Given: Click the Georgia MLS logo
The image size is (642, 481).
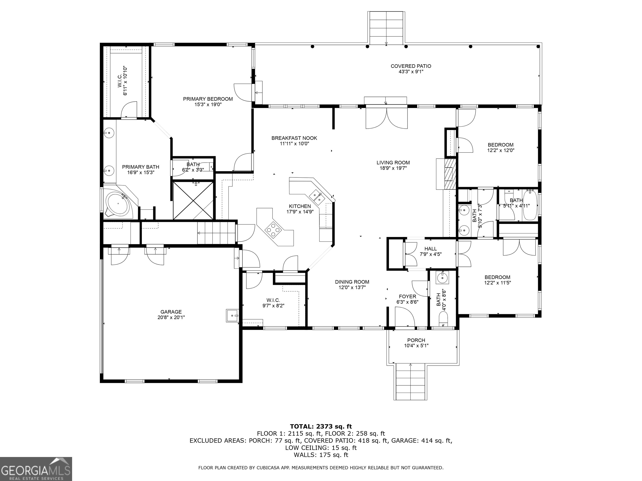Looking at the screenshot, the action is [x=36, y=469].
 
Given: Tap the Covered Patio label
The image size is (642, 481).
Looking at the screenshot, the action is [x=411, y=66].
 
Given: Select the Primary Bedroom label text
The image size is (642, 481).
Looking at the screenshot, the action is [x=208, y=99].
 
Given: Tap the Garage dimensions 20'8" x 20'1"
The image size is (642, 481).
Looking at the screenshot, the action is [x=171, y=317].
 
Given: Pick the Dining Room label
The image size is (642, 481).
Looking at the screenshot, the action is [x=352, y=282].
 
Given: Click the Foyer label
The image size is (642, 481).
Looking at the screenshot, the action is [x=408, y=296].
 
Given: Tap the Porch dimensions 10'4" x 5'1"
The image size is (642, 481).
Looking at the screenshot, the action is [x=416, y=346].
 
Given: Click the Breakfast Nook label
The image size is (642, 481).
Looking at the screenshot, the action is [x=294, y=138].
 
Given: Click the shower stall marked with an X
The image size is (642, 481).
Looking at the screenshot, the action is [x=193, y=200].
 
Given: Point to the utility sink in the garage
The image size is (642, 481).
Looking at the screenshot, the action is [x=232, y=315].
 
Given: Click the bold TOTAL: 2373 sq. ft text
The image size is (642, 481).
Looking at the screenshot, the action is [x=321, y=426].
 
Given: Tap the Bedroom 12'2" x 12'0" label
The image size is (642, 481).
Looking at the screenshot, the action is [x=501, y=148].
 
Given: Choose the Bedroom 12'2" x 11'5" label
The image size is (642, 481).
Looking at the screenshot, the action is [x=497, y=280].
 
